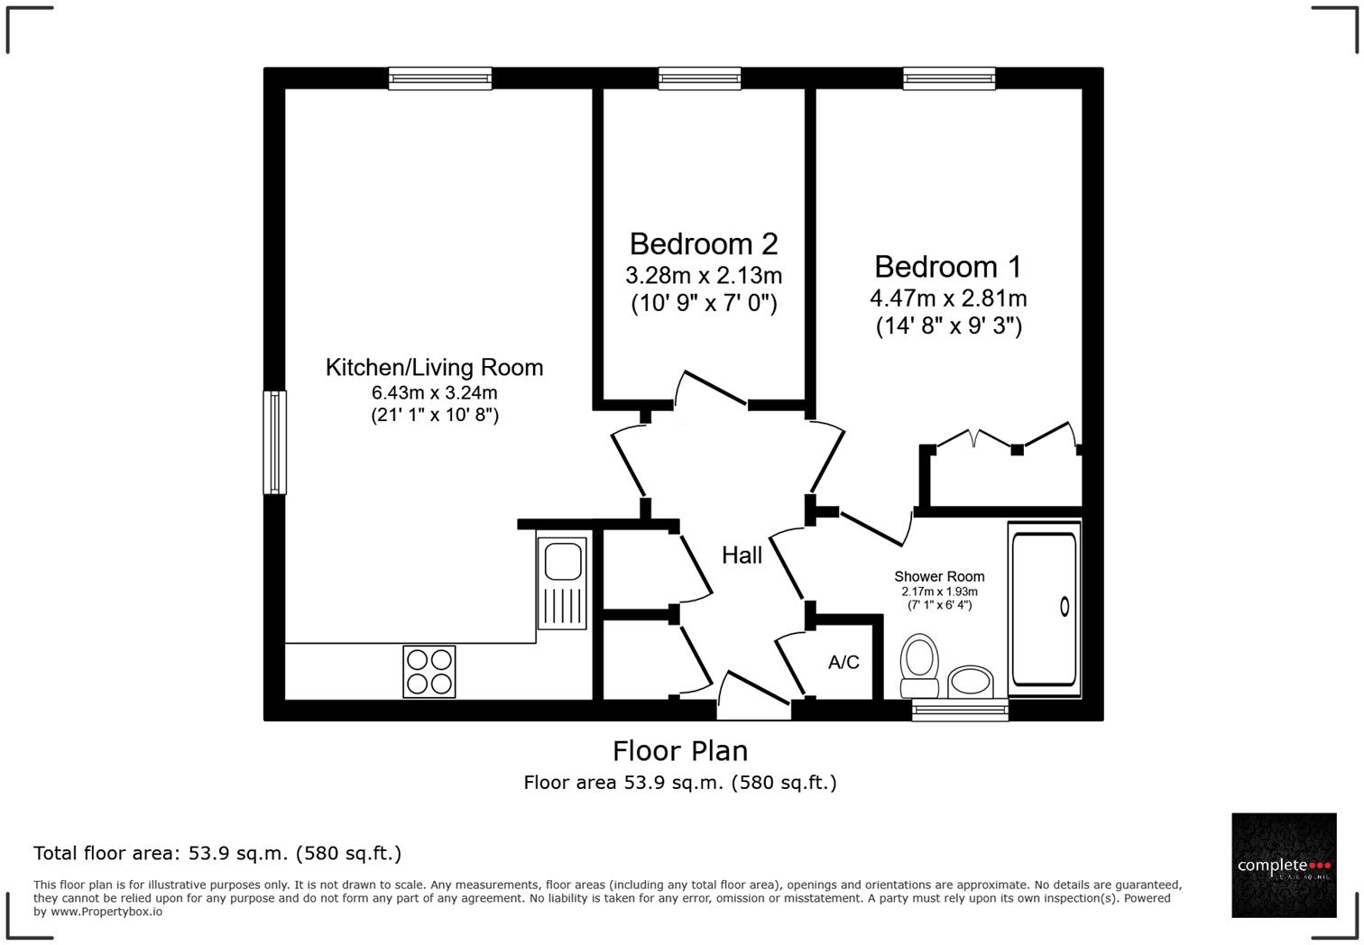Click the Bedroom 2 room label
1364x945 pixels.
tap(703, 244)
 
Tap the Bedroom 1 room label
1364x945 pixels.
tap(947, 267)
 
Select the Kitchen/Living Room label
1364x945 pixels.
tap(434, 367)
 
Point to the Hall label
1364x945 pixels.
tap(742, 555)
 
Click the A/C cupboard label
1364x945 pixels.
tap(843, 663)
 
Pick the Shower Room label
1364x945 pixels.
tap(939, 576)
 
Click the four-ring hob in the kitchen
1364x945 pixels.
tap(429, 672)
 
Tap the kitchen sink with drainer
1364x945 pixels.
tap(562, 582)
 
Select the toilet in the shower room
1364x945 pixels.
tap(920, 665)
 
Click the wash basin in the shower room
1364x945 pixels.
tap(970, 681)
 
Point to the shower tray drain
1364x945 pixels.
tap(1064, 607)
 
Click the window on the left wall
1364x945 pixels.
tap(274, 442)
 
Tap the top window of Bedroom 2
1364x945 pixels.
tap(700, 78)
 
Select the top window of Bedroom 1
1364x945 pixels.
tap(949, 78)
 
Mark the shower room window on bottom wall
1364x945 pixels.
tap(960, 711)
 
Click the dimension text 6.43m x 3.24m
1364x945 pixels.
tap(434, 392)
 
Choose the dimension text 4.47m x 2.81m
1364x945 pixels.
tap(947, 298)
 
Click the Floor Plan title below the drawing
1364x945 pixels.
tap(680, 750)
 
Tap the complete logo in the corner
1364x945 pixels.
tap(1284, 866)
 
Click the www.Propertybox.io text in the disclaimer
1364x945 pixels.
tap(106, 912)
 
